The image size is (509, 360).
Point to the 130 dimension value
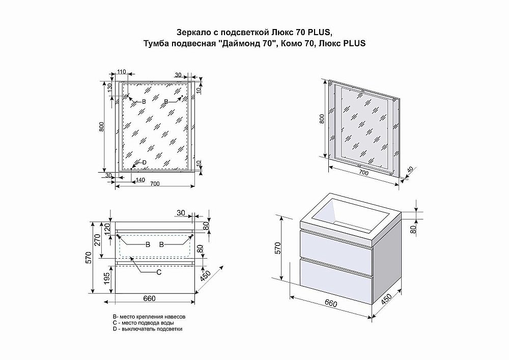tap(109, 89)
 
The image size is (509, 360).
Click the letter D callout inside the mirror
tap(144, 162)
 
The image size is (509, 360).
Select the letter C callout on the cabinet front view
tap(158, 272)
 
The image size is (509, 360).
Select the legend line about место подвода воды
tap(144, 323)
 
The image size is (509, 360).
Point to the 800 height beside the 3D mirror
tap(322, 119)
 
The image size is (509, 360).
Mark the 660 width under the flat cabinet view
tap(149, 298)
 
